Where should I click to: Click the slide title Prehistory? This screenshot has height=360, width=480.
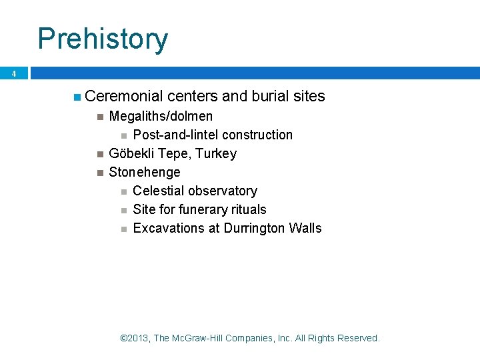pyautogui.click(x=103, y=39)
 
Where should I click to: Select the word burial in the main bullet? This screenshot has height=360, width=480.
pyautogui.click(x=270, y=97)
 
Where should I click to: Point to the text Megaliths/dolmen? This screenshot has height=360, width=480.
pyautogui.click(x=161, y=117)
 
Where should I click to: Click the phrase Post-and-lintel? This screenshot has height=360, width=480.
pyautogui.click(x=176, y=135)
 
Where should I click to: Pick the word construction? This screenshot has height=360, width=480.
pyautogui.click(x=257, y=135)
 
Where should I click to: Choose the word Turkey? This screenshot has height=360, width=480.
pyautogui.click(x=215, y=154)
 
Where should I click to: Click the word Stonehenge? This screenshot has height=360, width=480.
pyautogui.click(x=145, y=173)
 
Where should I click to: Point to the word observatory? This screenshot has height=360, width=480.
pyautogui.click(x=223, y=191)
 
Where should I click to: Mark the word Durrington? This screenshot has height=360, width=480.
pyautogui.click(x=255, y=229)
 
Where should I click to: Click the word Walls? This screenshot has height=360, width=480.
pyautogui.click(x=305, y=229)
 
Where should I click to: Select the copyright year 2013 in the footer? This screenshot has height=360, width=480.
pyautogui.click(x=138, y=338)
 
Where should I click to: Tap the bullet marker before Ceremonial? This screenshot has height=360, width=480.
pyautogui.click(x=78, y=97)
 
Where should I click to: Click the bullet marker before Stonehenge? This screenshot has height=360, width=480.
pyautogui.click(x=99, y=173)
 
